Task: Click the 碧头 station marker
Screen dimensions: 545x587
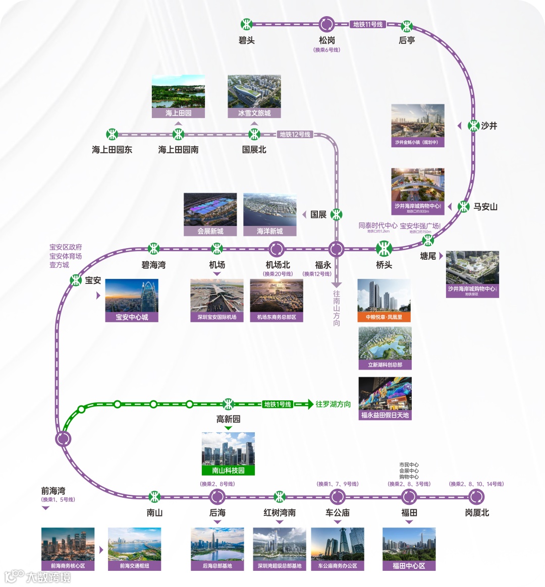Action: (x=246, y=24)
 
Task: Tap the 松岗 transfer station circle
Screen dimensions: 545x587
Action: (x=326, y=24)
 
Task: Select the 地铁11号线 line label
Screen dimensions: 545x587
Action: (x=368, y=24)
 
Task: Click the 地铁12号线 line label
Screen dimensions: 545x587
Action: (x=295, y=134)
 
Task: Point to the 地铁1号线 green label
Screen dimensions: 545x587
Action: (x=278, y=404)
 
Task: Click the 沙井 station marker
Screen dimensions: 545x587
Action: (x=473, y=126)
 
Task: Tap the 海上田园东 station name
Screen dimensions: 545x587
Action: (x=112, y=150)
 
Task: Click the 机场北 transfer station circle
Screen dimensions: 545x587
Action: (x=276, y=249)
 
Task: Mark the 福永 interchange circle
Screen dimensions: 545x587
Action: (x=336, y=249)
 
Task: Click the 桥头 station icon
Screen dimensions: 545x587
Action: (x=384, y=249)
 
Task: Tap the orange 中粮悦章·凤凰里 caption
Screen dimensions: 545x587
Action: (x=384, y=317)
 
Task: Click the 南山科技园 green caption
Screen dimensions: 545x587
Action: (x=228, y=471)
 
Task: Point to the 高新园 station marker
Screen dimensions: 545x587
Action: (x=228, y=404)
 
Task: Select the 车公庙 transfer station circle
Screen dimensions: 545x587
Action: (x=337, y=497)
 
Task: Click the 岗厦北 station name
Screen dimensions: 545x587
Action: (x=477, y=513)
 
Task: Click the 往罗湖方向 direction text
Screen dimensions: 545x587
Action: (x=333, y=404)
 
